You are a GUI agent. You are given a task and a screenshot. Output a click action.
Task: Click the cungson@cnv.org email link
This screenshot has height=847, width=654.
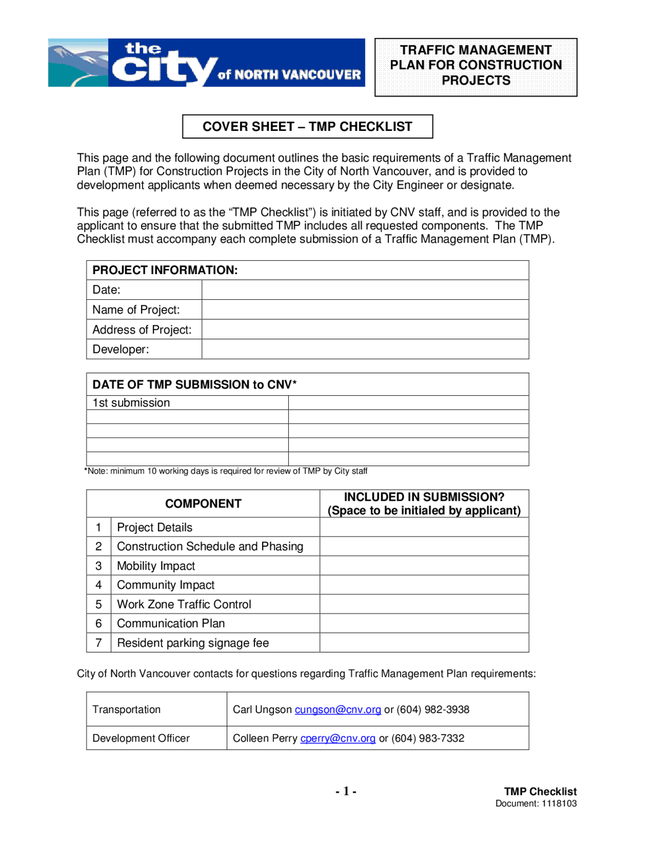pyautogui.click(x=338, y=709)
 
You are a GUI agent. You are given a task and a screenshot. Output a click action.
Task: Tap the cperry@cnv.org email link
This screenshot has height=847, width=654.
pyautogui.click(x=338, y=738)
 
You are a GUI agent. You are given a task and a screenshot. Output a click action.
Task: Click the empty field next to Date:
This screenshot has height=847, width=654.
pyautogui.click(x=365, y=289)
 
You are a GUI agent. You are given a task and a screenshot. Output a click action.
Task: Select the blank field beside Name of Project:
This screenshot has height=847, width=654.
pyautogui.click(x=365, y=309)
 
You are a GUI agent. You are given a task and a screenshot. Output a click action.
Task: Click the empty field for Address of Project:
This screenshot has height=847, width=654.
pyautogui.click(x=365, y=329)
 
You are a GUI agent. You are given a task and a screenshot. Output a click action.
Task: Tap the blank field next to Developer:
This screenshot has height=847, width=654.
pyautogui.click(x=365, y=349)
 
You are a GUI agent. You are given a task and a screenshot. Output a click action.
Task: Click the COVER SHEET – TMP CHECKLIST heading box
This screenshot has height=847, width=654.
pyautogui.click(x=307, y=126)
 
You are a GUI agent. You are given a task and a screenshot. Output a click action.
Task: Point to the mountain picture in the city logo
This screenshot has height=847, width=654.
pyautogui.click(x=78, y=62)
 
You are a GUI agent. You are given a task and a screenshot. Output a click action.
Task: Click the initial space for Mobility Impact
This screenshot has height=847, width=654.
pyautogui.click(x=424, y=566)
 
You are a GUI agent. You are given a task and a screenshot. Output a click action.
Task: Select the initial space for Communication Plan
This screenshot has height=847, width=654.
pyautogui.click(x=424, y=623)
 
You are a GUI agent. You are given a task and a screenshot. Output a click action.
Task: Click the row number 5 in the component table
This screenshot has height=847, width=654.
pyautogui.click(x=99, y=604)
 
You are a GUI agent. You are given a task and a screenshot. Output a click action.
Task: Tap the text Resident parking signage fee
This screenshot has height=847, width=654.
pyautogui.click(x=193, y=643)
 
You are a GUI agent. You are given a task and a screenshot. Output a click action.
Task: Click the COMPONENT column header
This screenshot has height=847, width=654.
pyautogui.click(x=203, y=504)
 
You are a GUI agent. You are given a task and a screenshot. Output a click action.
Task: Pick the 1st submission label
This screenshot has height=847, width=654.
pyautogui.click(x=131, y=403)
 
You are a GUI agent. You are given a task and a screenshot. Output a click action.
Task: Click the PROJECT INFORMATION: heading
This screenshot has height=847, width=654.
pyautogui.click(x=165, y=270)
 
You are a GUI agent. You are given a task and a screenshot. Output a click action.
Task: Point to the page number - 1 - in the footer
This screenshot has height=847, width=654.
pyautogui.click(x=346, y=791)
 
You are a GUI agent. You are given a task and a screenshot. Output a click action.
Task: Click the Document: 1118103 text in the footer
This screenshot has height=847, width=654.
pyautogui.click(x=535, y=804)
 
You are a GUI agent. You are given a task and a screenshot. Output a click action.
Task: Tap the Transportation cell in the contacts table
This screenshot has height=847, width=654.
pyautogui.click(x=126, y=709)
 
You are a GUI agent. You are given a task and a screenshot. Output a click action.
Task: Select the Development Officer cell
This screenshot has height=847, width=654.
pyautogui.click(x=141, y=738)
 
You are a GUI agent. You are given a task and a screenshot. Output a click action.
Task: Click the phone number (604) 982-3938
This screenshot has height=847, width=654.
pyautogui.click(x=433, y=709)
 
